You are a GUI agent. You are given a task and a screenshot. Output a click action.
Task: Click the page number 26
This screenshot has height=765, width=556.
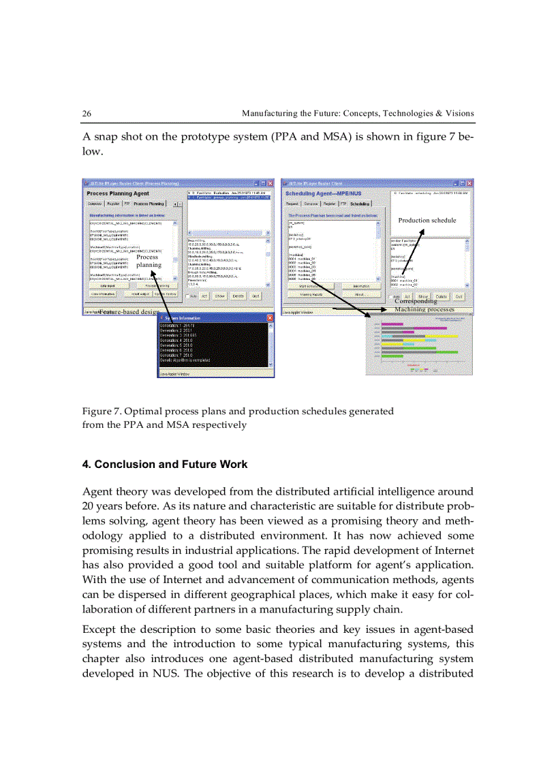point(87,113)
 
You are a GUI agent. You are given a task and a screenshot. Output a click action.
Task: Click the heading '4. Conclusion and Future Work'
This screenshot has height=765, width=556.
point(164,465)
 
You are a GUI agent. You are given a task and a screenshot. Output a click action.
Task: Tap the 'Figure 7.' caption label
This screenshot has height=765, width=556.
point(102,411)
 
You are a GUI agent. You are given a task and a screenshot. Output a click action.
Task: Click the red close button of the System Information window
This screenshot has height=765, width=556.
point(269,318)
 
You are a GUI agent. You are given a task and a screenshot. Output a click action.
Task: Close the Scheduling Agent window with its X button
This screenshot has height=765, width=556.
point(467,183)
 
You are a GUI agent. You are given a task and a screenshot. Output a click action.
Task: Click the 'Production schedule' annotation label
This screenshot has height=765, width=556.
point(427,220)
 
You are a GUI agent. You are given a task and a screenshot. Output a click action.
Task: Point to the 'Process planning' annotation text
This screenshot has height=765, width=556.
point(148,262)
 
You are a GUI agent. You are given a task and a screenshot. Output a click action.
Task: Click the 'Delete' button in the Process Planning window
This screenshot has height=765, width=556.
point(238,296)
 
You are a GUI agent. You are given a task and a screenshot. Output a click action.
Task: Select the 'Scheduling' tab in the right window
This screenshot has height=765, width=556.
point(360,204)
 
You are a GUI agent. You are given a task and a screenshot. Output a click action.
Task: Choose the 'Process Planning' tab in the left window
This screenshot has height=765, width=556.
point(149,204)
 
